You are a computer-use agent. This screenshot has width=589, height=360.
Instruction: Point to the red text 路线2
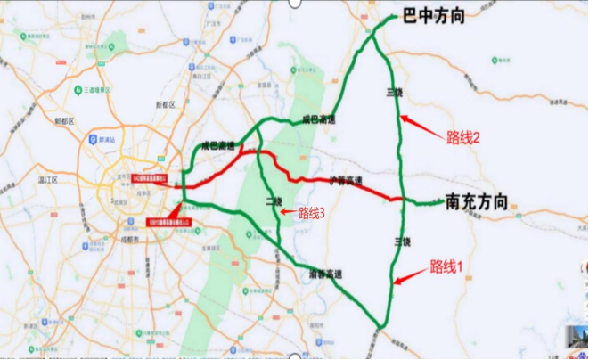tap(462, 137)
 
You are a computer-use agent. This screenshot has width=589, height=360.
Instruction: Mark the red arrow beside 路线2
tap(416, 125)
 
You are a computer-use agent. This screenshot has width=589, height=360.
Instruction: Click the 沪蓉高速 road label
tap(347, 180)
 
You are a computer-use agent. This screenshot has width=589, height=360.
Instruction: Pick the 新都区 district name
tap(165, 104)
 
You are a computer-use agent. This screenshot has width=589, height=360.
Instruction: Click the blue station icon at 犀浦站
tap(93, 140)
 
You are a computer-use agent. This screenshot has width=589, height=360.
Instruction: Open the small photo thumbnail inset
tap(580, 340)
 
